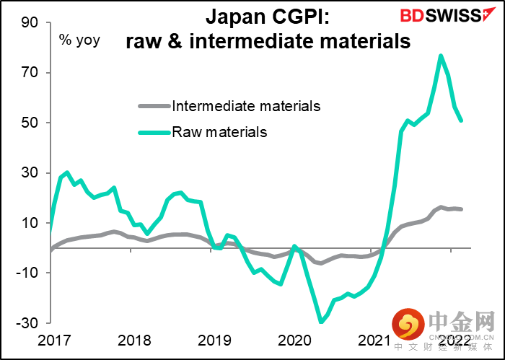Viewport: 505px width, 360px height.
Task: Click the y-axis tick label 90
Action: click(x=29, y=22)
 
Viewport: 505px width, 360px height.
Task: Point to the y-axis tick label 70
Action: click(x=29, y=73)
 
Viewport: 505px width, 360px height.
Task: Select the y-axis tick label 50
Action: click(x=29, y=123)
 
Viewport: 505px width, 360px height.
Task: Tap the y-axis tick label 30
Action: click(x=29, y=173)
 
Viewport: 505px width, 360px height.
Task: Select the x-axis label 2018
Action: click(x=132, y=340)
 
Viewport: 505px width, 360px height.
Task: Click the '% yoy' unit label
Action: click(x=79, y=40)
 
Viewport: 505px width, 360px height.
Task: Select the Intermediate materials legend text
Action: click(x=246, y=106)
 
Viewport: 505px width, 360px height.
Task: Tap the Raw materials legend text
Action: click(x=219, y=132)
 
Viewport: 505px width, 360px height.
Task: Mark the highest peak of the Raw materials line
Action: click(x=441, y=56)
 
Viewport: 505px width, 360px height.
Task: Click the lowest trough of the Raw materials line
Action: click(x=320, y=322)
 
